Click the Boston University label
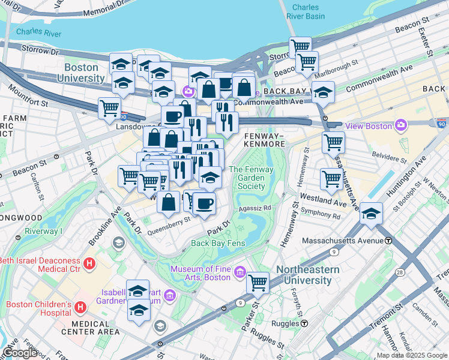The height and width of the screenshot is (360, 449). (x=84, y=73)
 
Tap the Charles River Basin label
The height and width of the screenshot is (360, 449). (x=307, y=12)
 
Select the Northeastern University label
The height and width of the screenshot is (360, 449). (x=307, y=275)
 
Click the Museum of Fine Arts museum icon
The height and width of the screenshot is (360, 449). (x=240, y=272)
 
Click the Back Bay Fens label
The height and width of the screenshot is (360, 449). (x=218, y=243)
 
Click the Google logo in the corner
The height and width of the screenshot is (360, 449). (x=20, y=353)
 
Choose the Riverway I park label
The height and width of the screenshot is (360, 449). (x=43, y=231)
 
